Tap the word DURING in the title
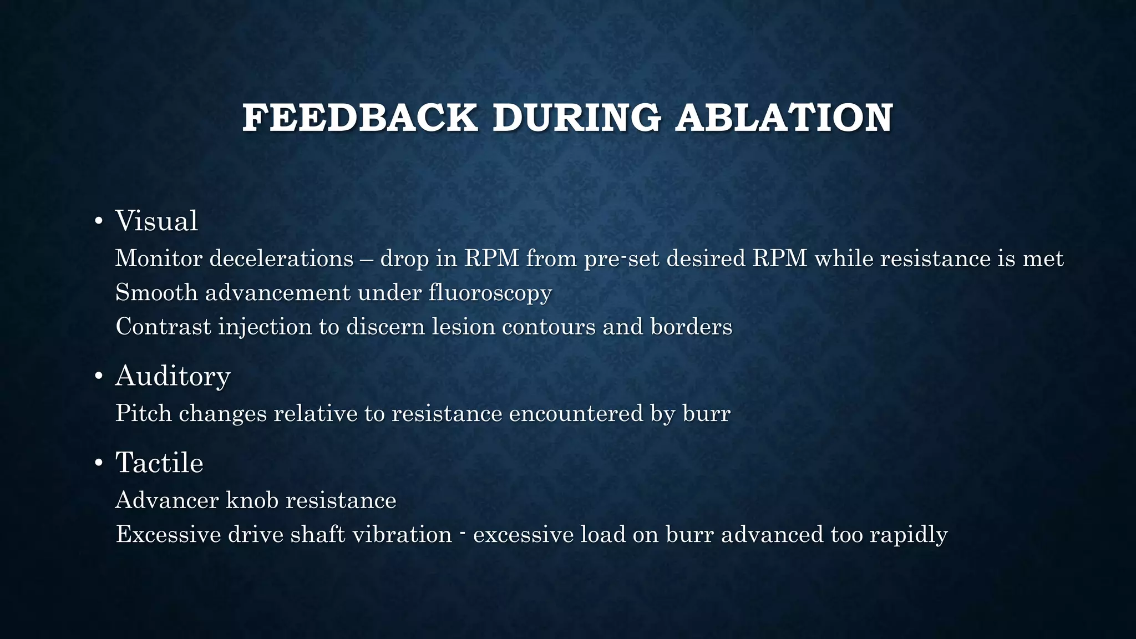(x=576, y=118)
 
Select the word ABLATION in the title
(x=783, y=118)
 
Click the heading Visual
(x=156, y=221)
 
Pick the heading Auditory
(x=173, y=376)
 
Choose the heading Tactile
(x=159, y=463)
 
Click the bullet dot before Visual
(x=99, y=222)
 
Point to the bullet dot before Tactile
(x=99, y=464)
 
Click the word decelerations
(x=281, y=258)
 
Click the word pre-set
(x=621, y=259)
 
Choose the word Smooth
(x=156, y=293)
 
